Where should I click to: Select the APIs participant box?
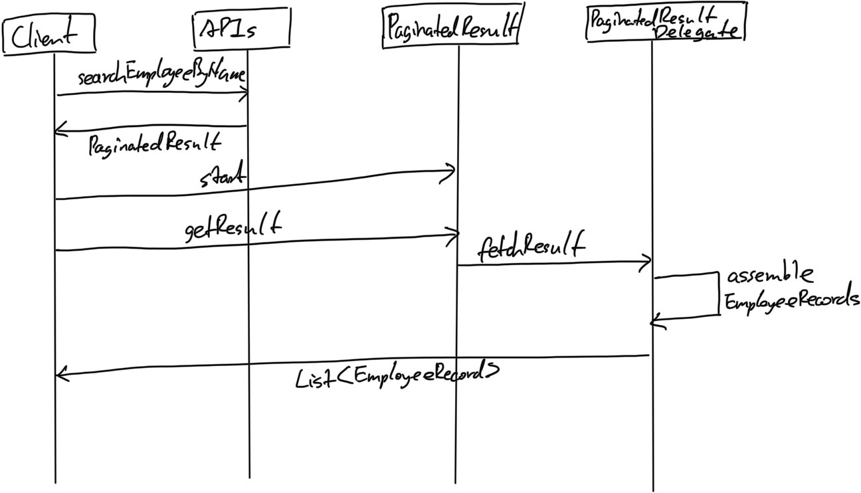pos(241,29)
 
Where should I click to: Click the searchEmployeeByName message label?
pos(161,78)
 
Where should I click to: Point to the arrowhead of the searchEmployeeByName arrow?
pos(246,93)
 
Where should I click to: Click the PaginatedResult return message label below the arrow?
pos(154,144)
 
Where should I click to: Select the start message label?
pos(223,176)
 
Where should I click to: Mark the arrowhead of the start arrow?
pos(454,172)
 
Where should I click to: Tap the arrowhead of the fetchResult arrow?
pos(649,264)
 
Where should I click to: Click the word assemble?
pos(769,275)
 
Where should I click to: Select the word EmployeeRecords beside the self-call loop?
pos(791,302)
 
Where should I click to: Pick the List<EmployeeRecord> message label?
pos(397,376)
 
